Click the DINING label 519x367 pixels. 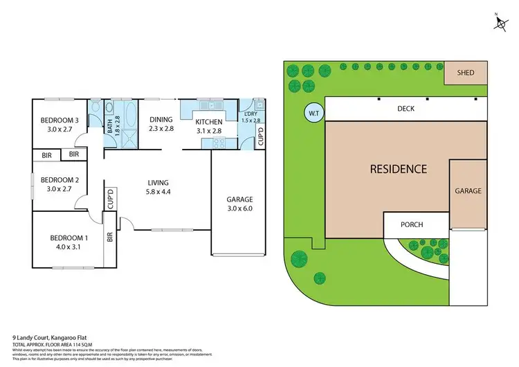tap(160, 120)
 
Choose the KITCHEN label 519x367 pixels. tap(208, 121)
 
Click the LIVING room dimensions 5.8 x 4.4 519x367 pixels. tap(158, 193)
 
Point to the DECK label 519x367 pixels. tap(406, 109)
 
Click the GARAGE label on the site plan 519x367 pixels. tap(468, 190)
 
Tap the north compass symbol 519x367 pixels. tap(500, 21)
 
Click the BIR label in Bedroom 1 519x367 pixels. tap(109, 236)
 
